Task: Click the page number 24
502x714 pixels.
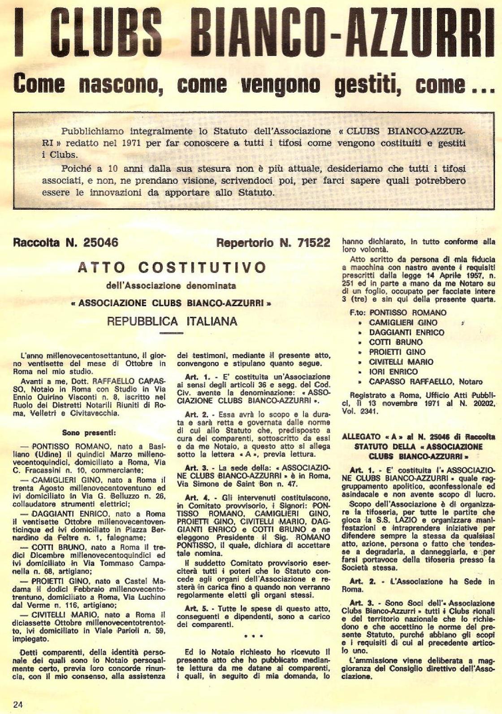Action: click(18, 704)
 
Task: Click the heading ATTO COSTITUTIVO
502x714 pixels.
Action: click(172, 267)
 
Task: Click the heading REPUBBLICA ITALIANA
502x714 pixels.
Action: click(172, 321)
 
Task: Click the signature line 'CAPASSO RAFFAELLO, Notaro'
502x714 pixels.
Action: click(426, 381)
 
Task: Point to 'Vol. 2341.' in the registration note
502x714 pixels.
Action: click(360, 411)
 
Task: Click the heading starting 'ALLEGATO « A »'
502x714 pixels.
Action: click(418, 436)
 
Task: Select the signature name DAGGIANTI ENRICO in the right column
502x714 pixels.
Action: click(407, 332)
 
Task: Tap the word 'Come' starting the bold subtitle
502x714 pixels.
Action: click(39, 85)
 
